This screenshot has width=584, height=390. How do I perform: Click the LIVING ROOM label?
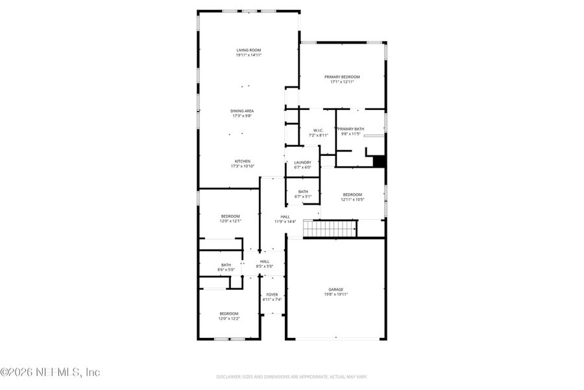click(x=249, y=50)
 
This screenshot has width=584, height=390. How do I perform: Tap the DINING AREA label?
click(x=242, y=111)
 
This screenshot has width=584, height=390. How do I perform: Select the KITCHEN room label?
click(x=242, y=161)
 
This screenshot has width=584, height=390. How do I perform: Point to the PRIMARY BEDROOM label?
click(x=342, y=77)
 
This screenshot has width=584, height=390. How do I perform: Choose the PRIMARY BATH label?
click(x=350, y=129)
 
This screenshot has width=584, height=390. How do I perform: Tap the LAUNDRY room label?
click(x=302, y=162)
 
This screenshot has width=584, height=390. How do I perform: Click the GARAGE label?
click(x=335, y=289)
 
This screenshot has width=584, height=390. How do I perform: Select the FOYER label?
click(x=271, y=294)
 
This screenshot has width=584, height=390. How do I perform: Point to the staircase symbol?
click(x=330, y=229)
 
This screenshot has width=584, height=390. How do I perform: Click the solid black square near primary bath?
click(x=380, y=161)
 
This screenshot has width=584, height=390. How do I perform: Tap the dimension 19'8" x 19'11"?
click(x=335, y=294)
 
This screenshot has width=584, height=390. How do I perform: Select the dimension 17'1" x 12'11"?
click(x=342, y=82)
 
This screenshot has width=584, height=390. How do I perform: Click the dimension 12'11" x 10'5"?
click(x=352, y=200)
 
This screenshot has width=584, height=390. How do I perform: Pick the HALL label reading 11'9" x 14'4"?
click(x=285, y=216)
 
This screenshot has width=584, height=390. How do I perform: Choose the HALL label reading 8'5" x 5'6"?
click(x=265, y=261)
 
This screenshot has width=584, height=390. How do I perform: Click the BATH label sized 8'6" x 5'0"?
click(x=226, y=265)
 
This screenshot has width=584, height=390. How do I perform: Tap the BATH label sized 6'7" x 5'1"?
click(x=303, y=192)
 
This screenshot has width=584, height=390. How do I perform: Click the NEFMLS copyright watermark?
click(x=50, y=372)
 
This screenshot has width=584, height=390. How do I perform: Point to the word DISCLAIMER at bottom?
click(x=229, y=376)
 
